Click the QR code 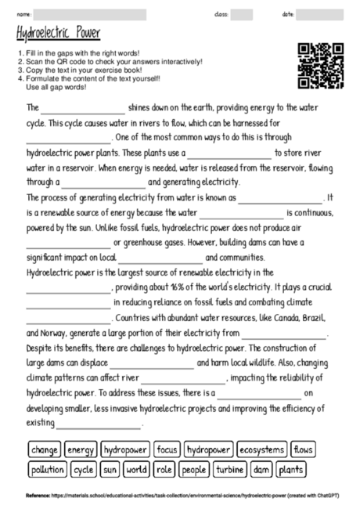tap(321, 66)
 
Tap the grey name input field tap(90, 15)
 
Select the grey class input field tap(241, 15)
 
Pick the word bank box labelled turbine tap(230, 470)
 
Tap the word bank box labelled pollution tap(48, 470)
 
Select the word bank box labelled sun tap(110, 470)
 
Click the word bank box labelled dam tap(261, 470)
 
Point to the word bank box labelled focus tap(167, 450)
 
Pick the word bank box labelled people tap(194, 470)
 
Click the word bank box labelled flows tap(304, 450)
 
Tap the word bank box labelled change tap(44, 450)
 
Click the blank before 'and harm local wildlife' tap(152, 363)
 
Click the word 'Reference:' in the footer tap(38, 496)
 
